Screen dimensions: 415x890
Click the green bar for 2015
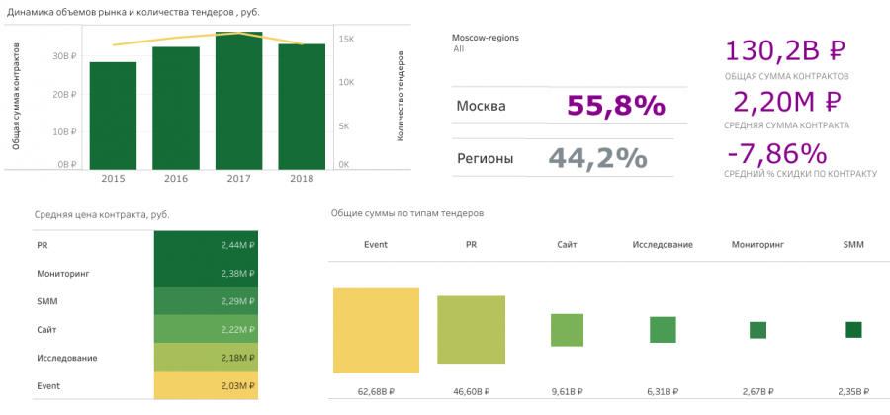click(x=113, y=116)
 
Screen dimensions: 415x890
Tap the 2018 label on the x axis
click(x=301, y=178)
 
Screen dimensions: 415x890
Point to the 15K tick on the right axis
click(x=347, y=39)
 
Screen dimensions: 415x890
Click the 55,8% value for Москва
click(x=616, y=106)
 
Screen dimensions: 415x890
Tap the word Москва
click(x=482, y=106)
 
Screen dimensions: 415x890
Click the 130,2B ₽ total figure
click(x=787, y=51)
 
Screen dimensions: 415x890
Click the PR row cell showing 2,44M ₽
click(x=206, y=245)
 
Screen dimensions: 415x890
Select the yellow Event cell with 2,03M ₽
click(x=206, y=385)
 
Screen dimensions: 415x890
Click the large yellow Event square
click(x=376, y=329)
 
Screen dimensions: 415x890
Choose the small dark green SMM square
click(x=853, y=330)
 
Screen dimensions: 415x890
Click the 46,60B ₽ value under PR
click(x=471, y=392)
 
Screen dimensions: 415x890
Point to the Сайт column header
click(x=567, y=244)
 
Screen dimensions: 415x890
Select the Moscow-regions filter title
click(x=485, y=37)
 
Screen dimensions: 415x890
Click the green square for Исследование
click(x=662, y=330)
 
